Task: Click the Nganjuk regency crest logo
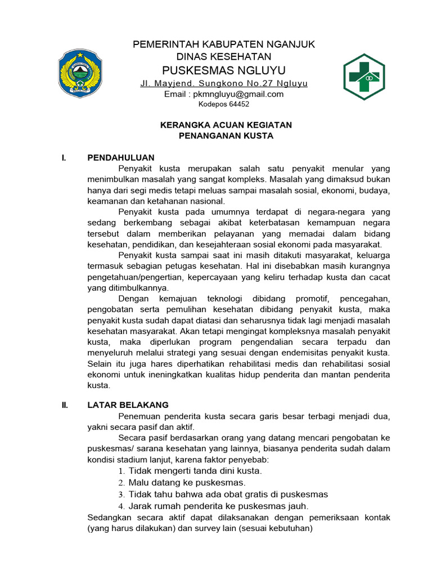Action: coord(81,74)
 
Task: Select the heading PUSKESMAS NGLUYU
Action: coord(224,70)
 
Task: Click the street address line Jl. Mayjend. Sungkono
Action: coord(224,84)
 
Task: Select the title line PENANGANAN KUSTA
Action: coord(226,136)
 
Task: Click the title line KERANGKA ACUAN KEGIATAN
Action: coord(226,125)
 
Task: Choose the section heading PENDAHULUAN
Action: coord(121,157)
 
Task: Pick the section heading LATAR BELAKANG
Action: coord(128,405)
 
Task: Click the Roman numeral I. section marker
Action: coord(64,158)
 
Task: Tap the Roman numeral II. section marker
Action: coord(65,405)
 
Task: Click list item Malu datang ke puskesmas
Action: coord(187,483)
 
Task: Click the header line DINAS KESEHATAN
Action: coord(224,56)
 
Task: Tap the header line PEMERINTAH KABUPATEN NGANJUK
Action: coord(224,44)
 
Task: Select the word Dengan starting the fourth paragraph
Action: coord(133,298)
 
